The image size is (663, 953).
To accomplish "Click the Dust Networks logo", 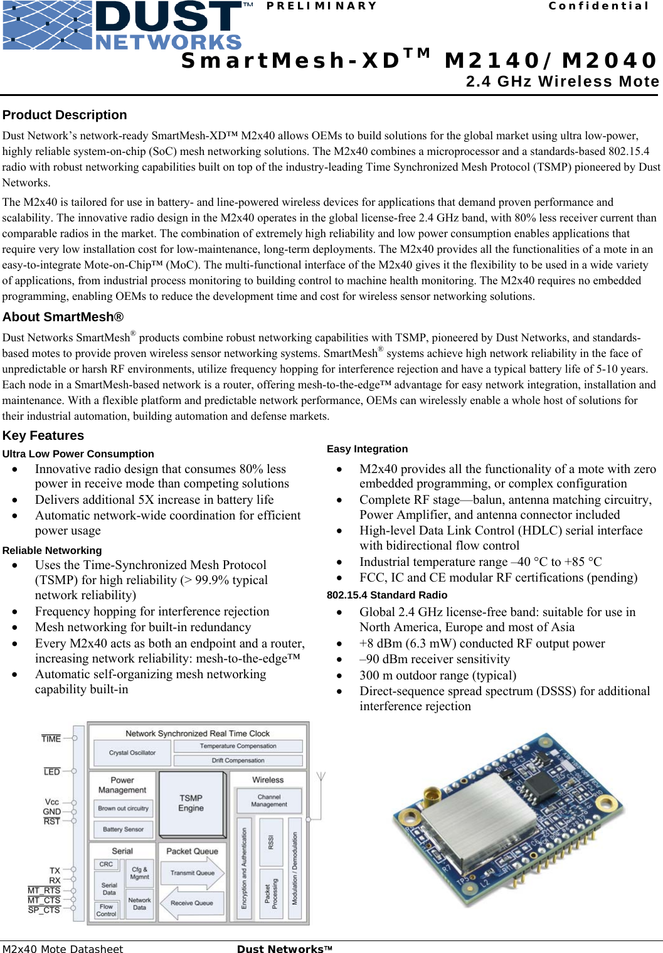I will click(x=122, y=26).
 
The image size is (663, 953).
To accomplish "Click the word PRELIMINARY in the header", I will click(x=322, y=6).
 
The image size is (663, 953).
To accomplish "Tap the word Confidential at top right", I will click(x=598, y=6).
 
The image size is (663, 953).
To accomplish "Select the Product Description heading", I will click(x=65, y=115).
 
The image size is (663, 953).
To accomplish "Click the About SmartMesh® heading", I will click(x=63, y=317).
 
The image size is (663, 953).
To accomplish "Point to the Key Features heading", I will click(x=43, y=435).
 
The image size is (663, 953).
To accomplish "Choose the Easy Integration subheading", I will click(x=367, y=449).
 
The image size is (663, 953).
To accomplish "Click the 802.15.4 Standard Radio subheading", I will click(x=387, y=595).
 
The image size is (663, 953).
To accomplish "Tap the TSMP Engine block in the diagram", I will click(x=191, y=803).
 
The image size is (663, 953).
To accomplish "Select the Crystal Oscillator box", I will click(x=132, y=753).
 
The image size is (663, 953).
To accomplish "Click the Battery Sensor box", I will click(x=123, y=829).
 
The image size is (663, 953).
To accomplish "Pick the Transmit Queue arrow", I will click(x=193, y=873).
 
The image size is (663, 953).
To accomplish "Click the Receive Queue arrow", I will click(x=191, y=903).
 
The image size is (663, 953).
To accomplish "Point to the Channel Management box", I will click(x=269, y=801).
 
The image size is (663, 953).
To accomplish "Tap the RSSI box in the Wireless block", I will click(x=271, y=842).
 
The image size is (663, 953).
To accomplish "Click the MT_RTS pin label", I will click(x=44, y=890).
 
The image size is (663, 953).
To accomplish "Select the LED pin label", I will click(x=52, y=772).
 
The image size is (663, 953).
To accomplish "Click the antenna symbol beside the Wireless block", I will click(x=321, y=779).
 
